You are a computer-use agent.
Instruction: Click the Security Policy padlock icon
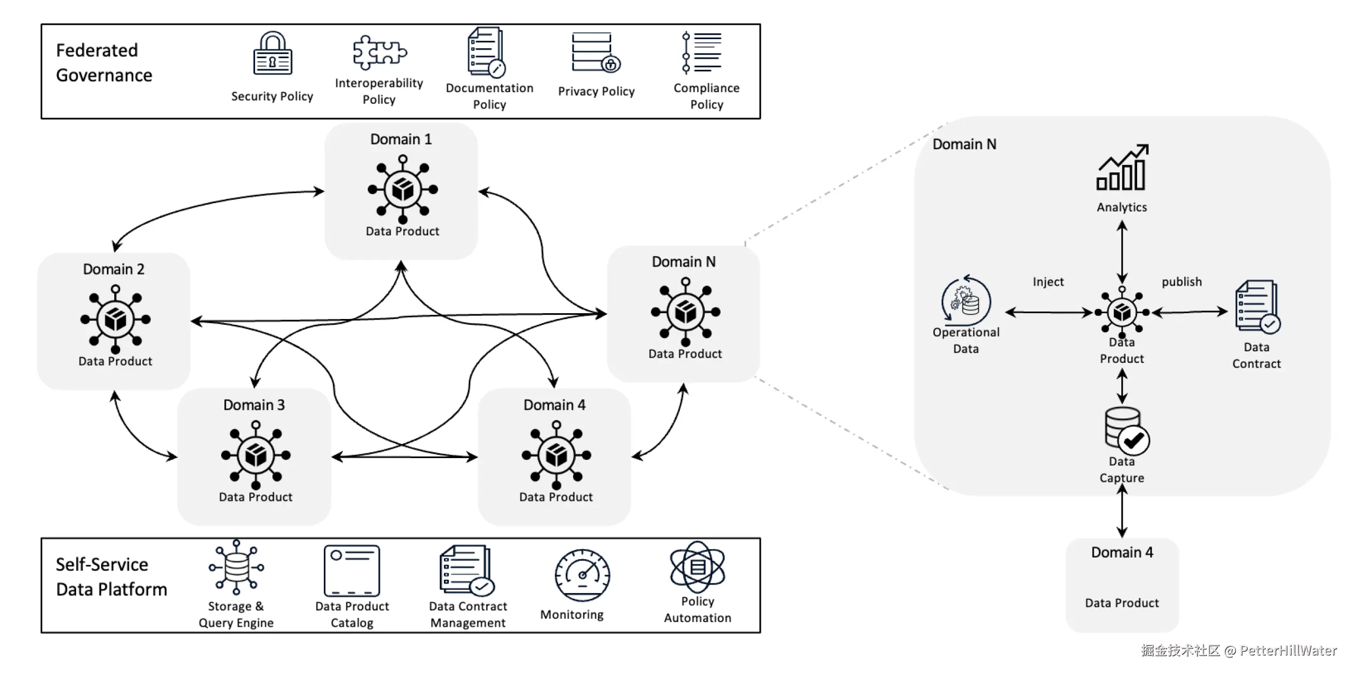click(x=272, y=54)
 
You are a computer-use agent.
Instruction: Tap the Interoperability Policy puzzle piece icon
click(x=379, y=52)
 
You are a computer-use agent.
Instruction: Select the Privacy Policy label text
click(x=596, y=92)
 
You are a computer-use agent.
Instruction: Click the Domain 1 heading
click(x=401, y=139)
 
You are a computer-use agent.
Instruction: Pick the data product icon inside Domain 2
click(x=115, y=319)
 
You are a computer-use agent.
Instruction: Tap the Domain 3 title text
click(x=254, y=405)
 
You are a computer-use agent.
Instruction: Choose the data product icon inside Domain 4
click(x=556, y=455)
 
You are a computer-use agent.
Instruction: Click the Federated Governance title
click(x=104, y=63)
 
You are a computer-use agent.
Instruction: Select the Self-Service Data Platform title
click(x=111, y=577)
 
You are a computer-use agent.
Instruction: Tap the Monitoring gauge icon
click(x=582, y=575)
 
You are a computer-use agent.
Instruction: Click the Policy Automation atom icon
click(x=697, y=567)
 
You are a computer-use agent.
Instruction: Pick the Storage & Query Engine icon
click(x=236, y=568)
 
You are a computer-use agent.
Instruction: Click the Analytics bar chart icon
click(x=1122, y=168)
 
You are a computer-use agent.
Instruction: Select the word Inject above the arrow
click(x=1048, y=282)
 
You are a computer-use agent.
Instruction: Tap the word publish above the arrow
click(x=1182, y=282)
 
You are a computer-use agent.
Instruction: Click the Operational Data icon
click(x=966, y=300)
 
